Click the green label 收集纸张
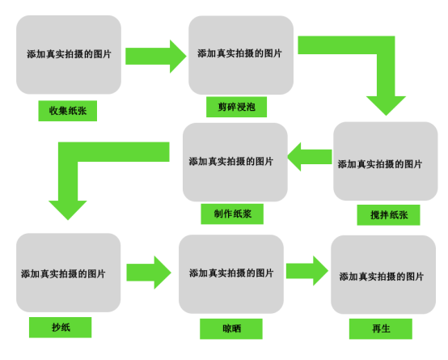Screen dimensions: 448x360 [68, 111]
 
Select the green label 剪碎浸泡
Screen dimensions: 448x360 [237, 107]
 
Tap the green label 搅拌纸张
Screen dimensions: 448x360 [389, 214]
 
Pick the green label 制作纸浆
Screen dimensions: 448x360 [232, 214]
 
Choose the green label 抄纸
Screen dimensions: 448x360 [61, 328]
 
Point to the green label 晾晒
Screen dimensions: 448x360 [231, 328]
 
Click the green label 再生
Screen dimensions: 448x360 [381, 328]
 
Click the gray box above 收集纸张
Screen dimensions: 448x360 [69, 55]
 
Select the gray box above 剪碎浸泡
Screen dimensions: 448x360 [241, 55]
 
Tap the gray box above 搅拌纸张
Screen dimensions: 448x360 [386, 161]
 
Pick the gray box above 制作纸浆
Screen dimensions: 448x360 [235, 162]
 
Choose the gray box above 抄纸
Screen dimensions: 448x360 [69, 273]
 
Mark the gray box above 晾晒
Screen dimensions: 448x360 [231, 274]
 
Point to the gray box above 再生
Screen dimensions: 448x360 [383, 275]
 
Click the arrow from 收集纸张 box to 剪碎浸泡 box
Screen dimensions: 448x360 [156, 57]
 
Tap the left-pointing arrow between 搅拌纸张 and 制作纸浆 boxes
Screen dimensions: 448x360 [310, 157]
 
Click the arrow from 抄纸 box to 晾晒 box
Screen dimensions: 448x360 [149, 273]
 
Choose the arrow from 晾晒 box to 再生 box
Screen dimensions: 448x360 [307, 271]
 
